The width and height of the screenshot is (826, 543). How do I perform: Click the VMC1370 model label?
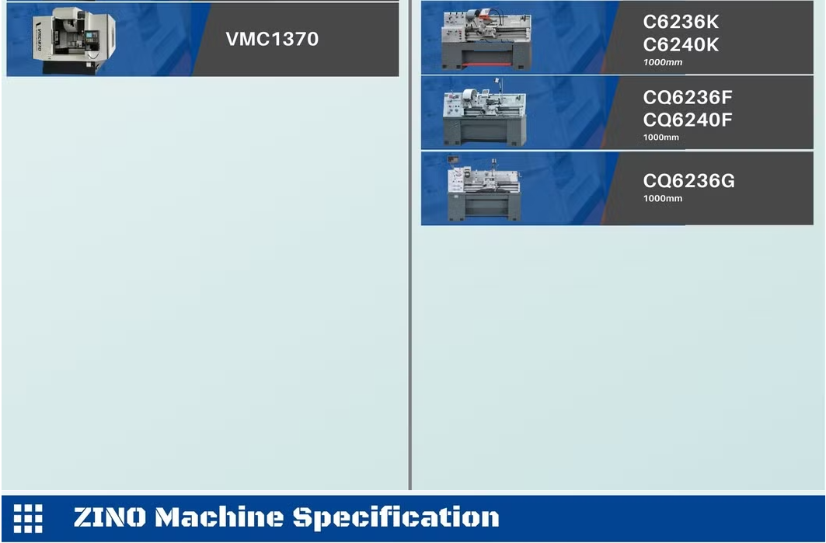[x=272, y=39]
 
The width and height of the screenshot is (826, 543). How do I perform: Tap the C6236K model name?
[x=681, y=22]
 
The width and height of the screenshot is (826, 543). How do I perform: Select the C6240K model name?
[x=681, y=45]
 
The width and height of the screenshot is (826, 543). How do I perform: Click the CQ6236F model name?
[x=688, y=97]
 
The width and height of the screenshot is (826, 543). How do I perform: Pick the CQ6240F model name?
[x=688, y=120]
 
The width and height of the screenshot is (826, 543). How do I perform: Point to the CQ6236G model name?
[x=688, y=181]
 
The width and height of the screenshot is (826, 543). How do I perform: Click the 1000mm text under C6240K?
[x=663, y=62]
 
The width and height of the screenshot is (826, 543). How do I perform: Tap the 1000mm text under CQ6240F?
[x=661, y=137]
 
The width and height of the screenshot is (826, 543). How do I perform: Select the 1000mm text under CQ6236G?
[x=663, y=199]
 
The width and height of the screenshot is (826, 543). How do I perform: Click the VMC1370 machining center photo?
[x=74, y=40]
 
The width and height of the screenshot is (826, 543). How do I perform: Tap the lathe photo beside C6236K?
[x=486, y=40]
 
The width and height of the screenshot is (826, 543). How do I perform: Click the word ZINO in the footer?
[x=110, y=517]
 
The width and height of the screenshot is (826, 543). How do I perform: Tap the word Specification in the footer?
[x=396, y=518]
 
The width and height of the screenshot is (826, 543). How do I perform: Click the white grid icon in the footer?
[x=28, y=518]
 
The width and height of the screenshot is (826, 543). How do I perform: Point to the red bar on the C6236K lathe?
[x=486, y=64]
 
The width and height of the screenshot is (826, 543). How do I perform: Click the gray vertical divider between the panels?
[x=410, y=245]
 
